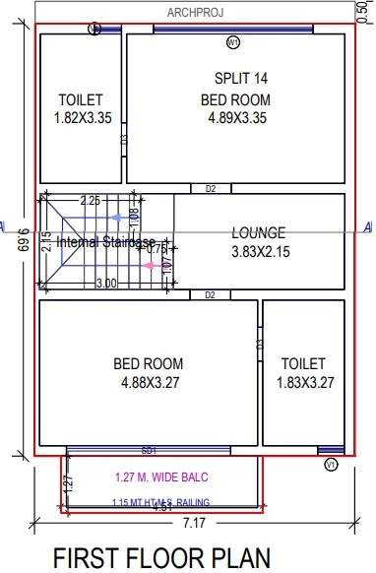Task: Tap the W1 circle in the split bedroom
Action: coord(233,43)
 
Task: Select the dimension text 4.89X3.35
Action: coord(235,118)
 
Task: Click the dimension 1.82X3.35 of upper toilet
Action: coord(81,118)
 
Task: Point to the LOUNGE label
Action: coord(258,233)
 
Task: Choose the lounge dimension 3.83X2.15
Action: coord(258,252)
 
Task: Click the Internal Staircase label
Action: coord(105,242)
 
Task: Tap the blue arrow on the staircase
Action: coord(118,216)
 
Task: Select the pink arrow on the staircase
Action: coord(150,265)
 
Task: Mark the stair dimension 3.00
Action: coord(106,284)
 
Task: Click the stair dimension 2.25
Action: coord(90,201)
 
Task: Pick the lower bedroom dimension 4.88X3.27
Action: coord(149,382)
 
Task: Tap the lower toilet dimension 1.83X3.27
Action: coord(303,382)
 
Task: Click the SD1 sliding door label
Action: coord(149,450)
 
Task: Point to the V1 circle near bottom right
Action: coord(332,463)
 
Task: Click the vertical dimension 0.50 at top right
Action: coord(362,12)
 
